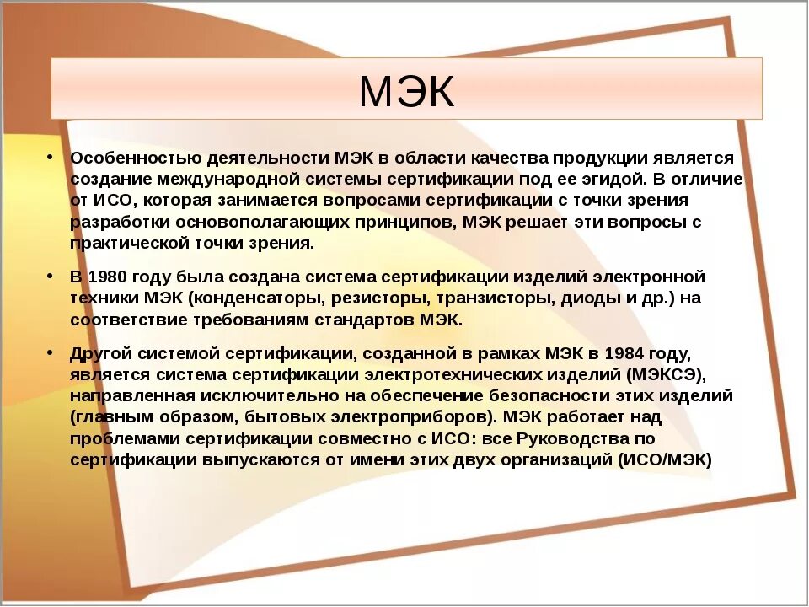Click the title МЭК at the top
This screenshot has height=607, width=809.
406,92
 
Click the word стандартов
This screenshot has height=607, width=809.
368,320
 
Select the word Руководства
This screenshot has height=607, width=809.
572,439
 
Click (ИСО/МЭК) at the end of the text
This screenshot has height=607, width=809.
665,460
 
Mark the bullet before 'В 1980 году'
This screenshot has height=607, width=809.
51,276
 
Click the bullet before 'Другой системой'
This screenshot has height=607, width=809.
51,351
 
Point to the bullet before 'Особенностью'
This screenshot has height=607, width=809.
51,157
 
